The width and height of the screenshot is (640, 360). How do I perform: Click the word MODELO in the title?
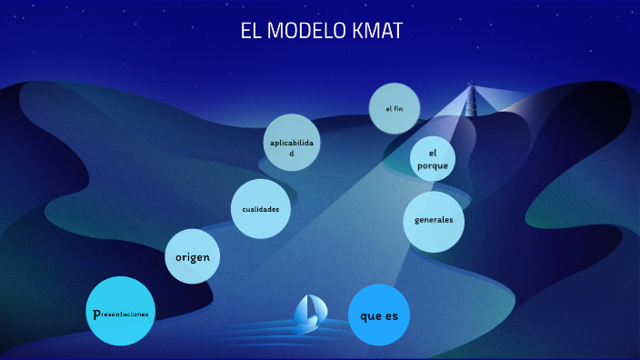click(x=306, y=31)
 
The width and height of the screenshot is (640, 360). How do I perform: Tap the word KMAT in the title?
click(x=377, y=31)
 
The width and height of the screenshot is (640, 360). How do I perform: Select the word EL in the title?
click(x=251, y=31)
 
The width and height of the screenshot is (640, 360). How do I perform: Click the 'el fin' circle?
click(x=395, y=108)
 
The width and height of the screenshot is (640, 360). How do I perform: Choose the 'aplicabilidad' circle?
click(x=292, y=143)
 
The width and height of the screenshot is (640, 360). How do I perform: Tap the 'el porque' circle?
click(x=433, y=159)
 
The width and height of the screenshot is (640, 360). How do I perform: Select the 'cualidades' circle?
click(x=261, y=209)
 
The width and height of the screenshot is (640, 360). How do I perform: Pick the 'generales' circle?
click(x=434, y=222)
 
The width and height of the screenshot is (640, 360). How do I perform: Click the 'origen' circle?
click(x=192, y=256)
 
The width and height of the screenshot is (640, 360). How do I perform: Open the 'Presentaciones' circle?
click(x=120, y=311)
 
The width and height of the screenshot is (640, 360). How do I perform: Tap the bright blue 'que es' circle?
click(x=379, y=315)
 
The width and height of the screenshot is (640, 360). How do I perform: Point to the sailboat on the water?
click(x=310, y=315)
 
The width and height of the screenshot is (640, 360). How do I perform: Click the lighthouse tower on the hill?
click(x=471, y=100)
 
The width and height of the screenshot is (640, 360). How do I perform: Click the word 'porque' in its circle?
click(x=433, y=165)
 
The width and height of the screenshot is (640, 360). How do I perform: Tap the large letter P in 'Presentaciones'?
click(x=96, y=314)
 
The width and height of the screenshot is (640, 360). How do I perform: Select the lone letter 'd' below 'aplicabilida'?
click(x=292, y=154)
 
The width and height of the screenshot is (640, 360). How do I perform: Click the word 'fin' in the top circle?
click(x=398, y=108)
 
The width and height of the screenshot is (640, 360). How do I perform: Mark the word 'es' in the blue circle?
click(x=392, y=316)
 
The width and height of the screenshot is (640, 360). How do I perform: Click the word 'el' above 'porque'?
click(x=433, y=153)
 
